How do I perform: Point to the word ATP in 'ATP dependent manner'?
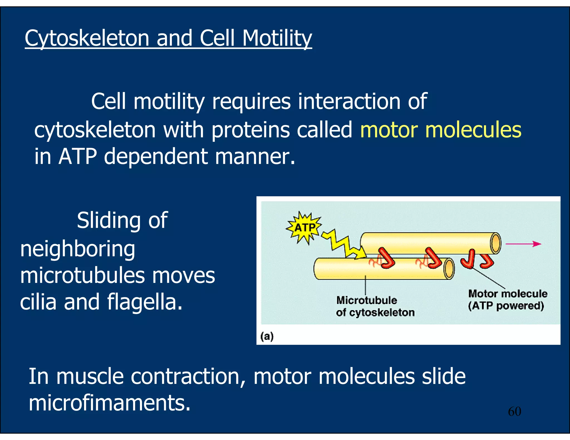(x=78, y=156)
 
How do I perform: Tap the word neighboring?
(x=78, y=249)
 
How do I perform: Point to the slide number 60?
(x=514, y=411)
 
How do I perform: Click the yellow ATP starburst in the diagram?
(x=304, y=228)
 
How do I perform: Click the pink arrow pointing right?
(x=523, y=244)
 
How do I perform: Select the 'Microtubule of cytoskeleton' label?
(x=375, y=306)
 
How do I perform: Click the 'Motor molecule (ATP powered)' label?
(x=507, y=300)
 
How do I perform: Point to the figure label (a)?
(x=267, y=337)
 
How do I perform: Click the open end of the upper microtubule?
(x=495, y=243)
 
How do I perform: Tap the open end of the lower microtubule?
(x=449, y=268)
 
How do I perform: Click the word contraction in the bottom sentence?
(x=188, y=377)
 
